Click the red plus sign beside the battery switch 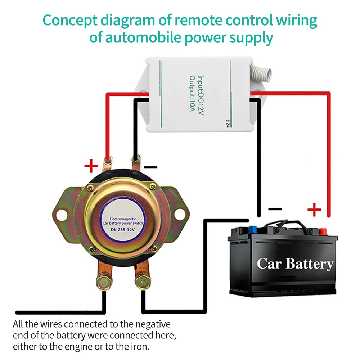pos(91,166)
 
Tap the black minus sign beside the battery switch pos(150,167)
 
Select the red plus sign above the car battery pos(314,209)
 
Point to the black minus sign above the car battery pos(275,209)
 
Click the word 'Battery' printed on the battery pos(310,264)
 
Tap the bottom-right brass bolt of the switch pos(142,281)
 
